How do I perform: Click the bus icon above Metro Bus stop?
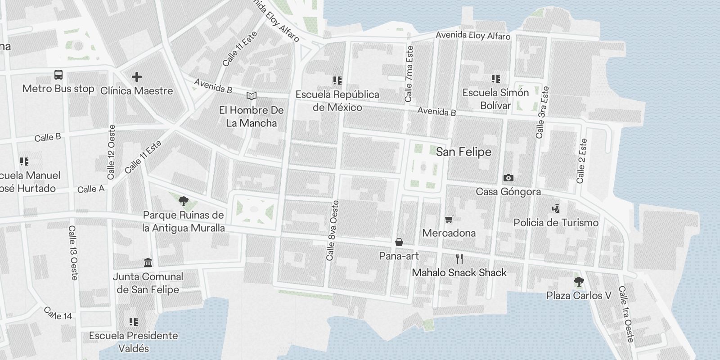58,75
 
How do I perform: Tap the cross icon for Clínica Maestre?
137,77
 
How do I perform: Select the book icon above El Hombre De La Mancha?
252,96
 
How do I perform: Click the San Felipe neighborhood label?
463,152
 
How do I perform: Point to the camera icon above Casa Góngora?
508,178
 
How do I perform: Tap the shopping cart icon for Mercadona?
449,220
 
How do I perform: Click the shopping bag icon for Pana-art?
399,243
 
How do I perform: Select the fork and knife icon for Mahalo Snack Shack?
459,259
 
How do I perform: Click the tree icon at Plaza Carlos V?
579,282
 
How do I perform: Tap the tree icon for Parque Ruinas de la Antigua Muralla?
183,201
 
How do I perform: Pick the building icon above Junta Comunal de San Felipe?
148,262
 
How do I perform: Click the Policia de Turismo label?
556,223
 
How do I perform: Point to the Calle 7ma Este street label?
409,73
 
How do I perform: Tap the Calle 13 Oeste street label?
73,252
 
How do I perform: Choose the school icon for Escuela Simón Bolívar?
495,79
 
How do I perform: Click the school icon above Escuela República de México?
337,81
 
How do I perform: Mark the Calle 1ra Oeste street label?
625,314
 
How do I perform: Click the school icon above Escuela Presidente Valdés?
133,322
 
